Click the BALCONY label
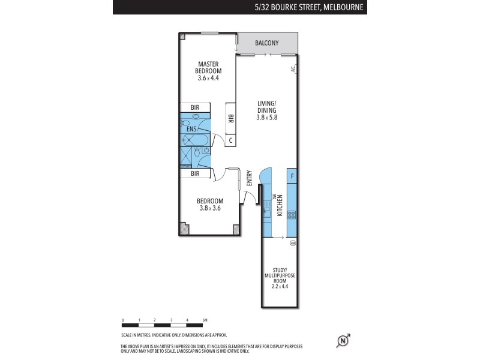267,43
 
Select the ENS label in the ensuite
191,129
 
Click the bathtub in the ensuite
195,140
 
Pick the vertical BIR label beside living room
230,119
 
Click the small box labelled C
230,140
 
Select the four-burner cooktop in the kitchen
292,214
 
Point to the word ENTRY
249,179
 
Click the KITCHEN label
280,205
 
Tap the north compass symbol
343,341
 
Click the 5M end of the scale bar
205,320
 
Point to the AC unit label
293,70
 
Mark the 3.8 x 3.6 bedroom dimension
211,208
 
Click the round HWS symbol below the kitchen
293,242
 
